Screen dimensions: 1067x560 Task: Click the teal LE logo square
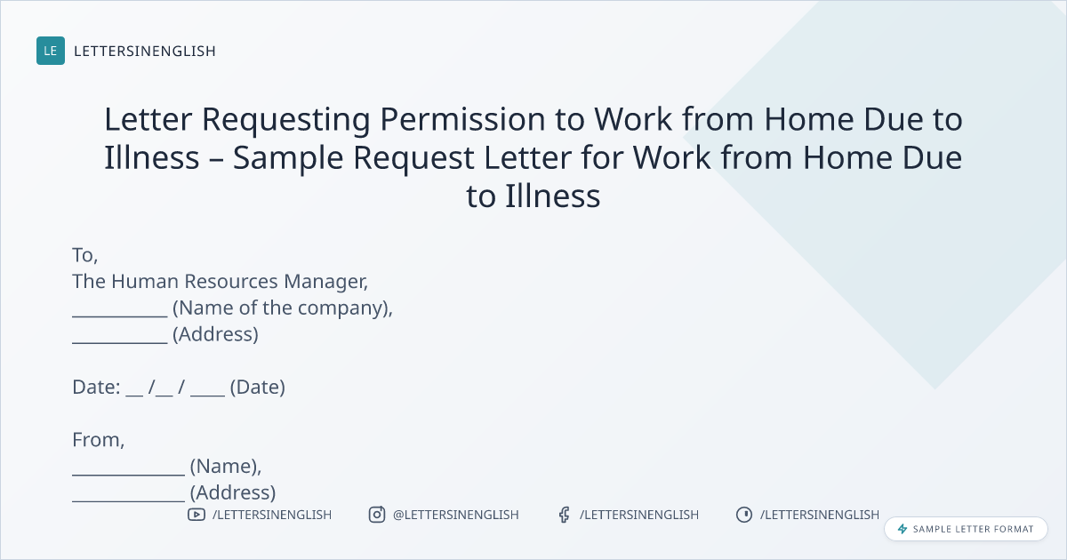pos(51,51)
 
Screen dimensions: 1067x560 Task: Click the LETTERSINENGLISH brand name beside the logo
pos(145,51)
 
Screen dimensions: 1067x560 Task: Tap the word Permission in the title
pos(462,119)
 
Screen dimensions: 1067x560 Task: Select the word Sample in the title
pos(288,158)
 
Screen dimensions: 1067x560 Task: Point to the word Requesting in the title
pos(285,120)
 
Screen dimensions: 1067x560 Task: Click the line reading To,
pos(85,255)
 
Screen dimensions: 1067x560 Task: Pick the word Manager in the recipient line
pos(325,282)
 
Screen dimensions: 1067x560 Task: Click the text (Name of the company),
pos(283,308)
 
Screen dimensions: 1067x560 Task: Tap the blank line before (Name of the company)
pos(120,316)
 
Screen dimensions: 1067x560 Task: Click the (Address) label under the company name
pos(215,334)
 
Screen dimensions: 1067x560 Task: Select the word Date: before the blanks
pos(96,388)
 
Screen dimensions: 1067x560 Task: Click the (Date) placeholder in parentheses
pos(258,388)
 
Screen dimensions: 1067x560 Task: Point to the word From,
pos(99,440)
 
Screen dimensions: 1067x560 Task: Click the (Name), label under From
pos(226,466)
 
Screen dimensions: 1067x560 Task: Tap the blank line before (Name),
pos(129,475)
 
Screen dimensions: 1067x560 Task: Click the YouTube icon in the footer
pos(197,515)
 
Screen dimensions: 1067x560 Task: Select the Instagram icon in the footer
pos(377,515)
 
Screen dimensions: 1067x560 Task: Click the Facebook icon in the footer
pos(565,515)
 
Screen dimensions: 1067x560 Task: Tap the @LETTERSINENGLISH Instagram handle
pos(456,515)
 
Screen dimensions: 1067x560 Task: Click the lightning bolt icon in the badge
pos(903,529)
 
